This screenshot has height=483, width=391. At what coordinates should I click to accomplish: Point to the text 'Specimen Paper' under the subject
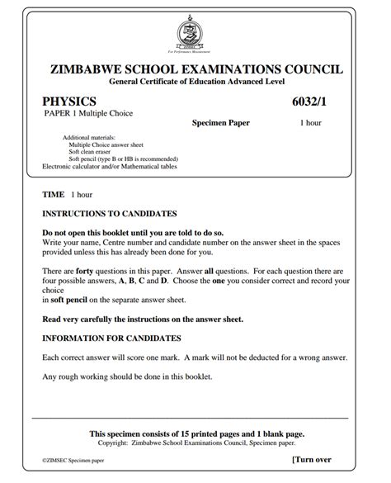(x=220, y=123)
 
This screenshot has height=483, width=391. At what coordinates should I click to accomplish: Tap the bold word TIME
(x=53, y=195)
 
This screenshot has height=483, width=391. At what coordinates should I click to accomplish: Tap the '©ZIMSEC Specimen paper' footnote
(x=74, y=462)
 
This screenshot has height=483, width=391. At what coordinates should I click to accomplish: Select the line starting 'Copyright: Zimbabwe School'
(x=195, y=443)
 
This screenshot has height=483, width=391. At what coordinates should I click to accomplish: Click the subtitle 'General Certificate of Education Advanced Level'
(x=195, y=83)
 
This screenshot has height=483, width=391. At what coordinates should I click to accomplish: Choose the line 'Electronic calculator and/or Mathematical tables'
(x=110, y=166)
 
